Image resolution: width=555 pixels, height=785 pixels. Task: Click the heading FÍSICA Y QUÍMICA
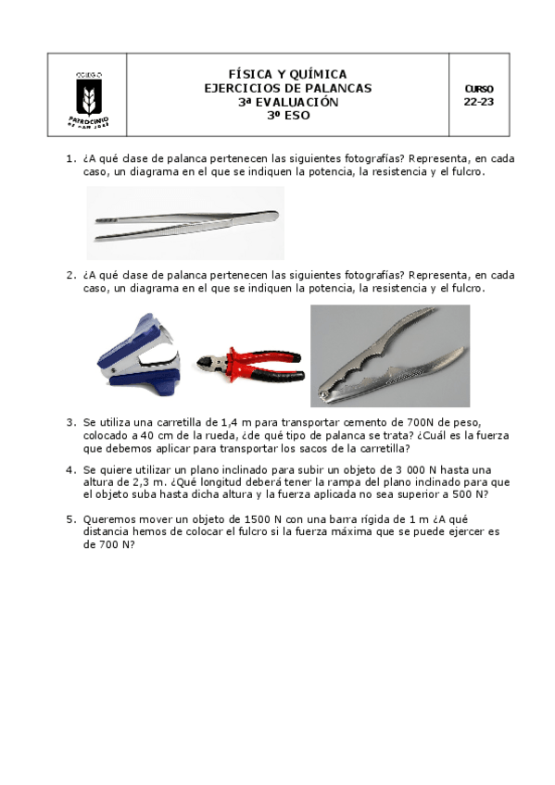(x=287, y=74)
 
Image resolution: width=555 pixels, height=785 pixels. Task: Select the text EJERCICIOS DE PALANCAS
(x=287, y=88)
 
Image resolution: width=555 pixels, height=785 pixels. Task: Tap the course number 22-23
(x=479, y=102)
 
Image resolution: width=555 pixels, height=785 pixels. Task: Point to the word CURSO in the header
(x=479, y=89)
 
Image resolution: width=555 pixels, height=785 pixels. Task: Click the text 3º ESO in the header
(x=288, y=115)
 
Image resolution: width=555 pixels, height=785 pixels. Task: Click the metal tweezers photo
(x=185, y=223)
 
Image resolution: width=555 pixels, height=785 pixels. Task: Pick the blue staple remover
(x=139, y=354)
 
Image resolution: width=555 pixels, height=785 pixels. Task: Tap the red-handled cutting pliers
(x=250, y=365)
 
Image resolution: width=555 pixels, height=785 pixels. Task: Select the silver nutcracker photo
(x=390, y=356)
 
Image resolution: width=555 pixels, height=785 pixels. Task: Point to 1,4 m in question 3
(x=242, y=422)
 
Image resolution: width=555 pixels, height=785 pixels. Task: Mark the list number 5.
(x=71, y=519)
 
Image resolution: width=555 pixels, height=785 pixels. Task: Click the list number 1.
(x=71, y=158)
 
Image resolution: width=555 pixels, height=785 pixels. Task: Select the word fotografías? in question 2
(x=374, y=275)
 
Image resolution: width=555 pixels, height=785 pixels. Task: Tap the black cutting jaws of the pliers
(x=207, y=363)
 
